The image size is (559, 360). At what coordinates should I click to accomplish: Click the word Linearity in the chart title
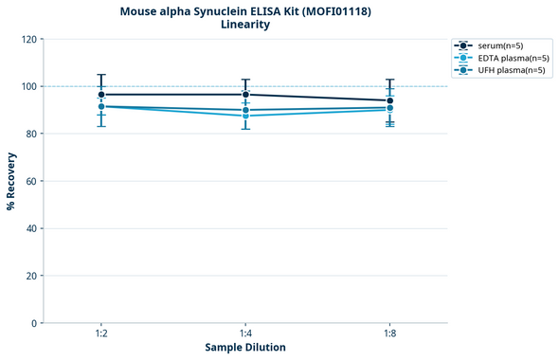[x=245, y=25]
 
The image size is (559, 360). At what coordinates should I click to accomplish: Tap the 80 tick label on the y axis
[x=30, y=134]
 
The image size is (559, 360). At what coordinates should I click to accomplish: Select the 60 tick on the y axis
[x=30, y=181]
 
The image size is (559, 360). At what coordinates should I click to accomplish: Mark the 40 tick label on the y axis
[x=30, y=228]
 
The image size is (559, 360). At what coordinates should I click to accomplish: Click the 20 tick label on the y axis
[x=30, y=276]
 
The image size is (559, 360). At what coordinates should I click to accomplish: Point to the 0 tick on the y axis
[x=33, y=323]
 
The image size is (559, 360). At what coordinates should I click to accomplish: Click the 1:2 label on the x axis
[x=101, y=334]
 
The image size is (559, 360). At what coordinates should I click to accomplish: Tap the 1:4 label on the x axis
[x=245, y=334]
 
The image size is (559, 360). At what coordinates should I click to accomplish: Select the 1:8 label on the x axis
[x=389, y=334]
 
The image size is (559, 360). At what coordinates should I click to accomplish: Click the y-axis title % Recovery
[x=11, y=180]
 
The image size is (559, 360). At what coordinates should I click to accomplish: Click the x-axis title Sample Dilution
[x=245, y=348]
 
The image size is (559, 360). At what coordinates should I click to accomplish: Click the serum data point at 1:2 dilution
[x=101, y=95]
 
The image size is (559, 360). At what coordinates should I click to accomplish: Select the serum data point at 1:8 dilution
[x=389, y=100]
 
